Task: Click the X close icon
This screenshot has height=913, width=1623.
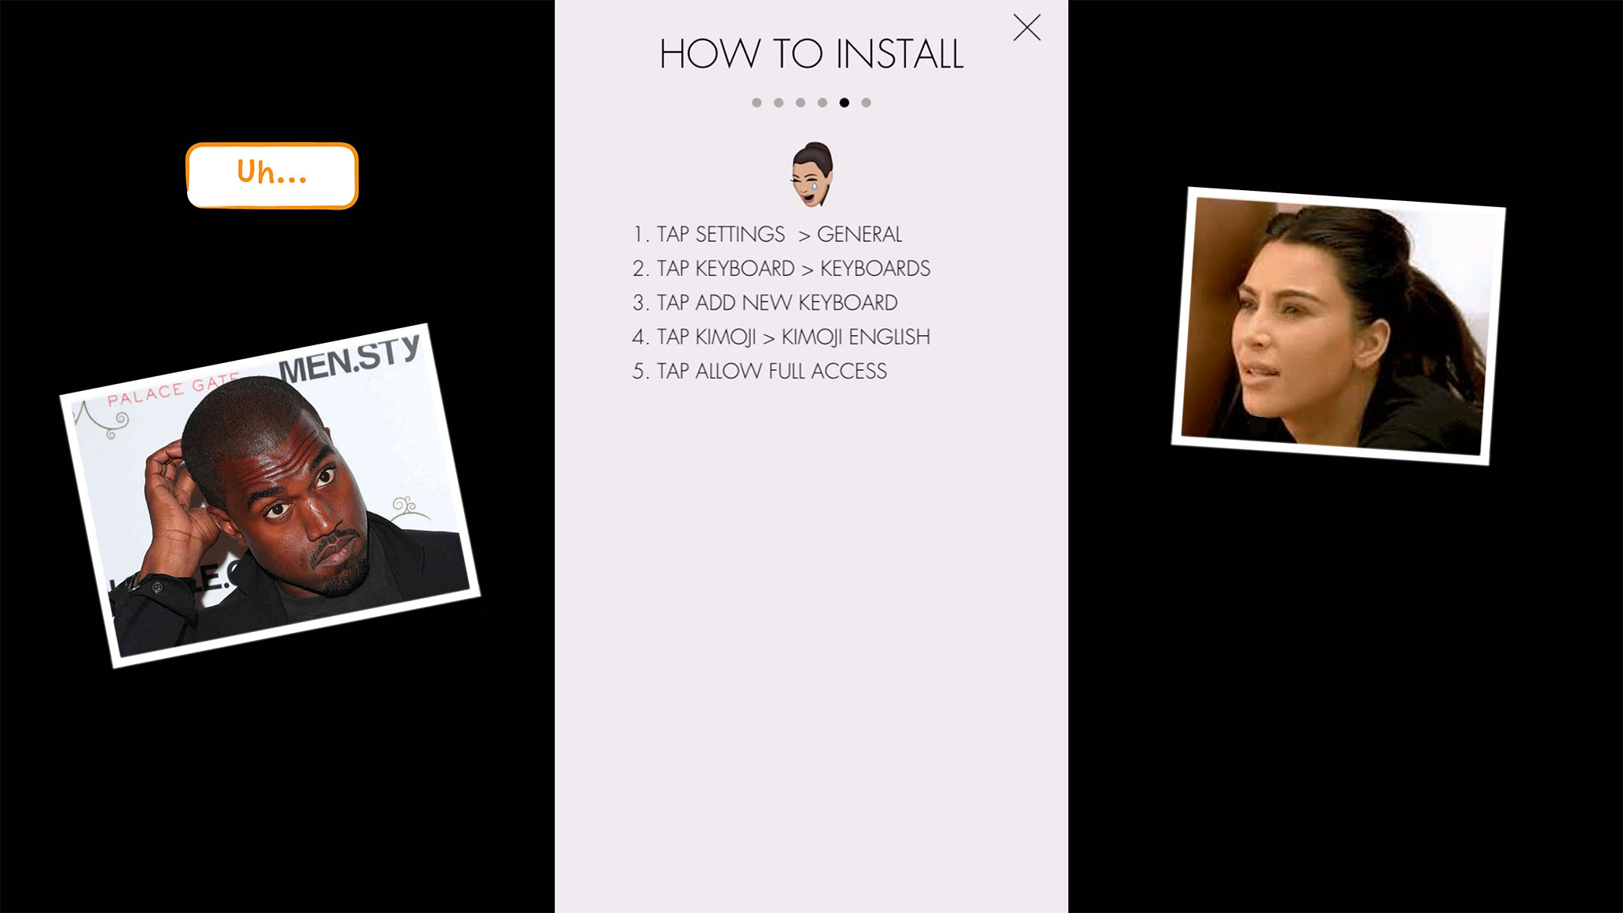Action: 1026,28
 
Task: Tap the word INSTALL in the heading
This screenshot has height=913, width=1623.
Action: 899,55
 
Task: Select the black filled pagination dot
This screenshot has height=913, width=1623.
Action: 844,102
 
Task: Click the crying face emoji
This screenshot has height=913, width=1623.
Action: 811,174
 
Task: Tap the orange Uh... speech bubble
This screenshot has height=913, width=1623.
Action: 272,175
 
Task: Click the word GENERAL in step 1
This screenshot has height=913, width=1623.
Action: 859,234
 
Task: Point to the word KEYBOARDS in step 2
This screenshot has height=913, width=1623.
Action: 874,268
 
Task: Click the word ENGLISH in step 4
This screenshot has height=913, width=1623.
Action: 888,337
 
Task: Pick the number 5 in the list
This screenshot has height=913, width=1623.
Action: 638,372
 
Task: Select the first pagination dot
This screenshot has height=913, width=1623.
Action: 756,102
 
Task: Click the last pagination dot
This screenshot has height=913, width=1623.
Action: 866,102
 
